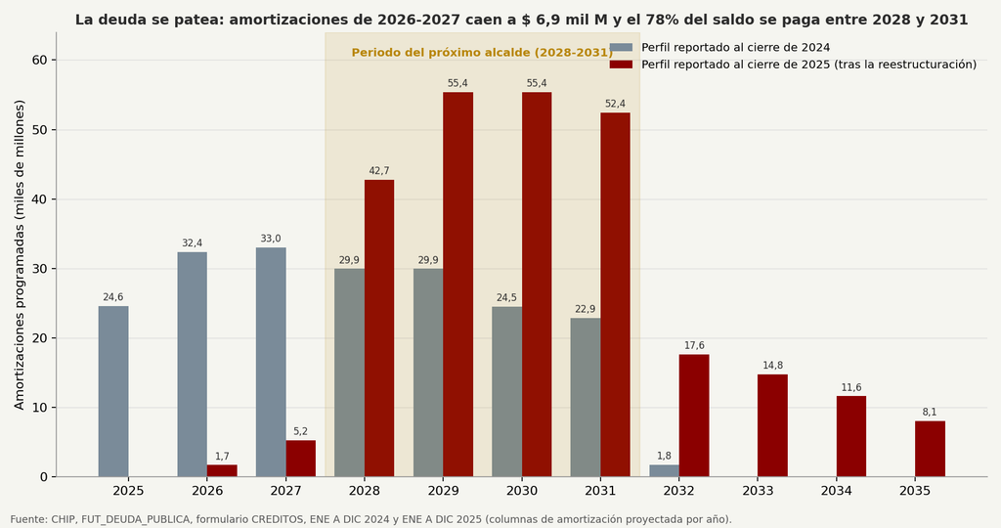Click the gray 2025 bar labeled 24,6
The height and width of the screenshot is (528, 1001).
[113, 391]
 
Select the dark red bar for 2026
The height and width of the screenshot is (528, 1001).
[222, 470]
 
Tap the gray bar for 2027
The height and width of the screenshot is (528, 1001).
[271, 362]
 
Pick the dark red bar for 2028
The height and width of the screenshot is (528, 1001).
[379, 329]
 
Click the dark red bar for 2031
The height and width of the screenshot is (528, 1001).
[616, 295]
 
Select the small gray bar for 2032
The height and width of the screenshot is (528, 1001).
[664, 470]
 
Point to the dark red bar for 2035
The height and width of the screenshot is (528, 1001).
[931, 449]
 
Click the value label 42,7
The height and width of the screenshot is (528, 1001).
[379, 171]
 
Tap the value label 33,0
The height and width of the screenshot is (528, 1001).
[271, 239]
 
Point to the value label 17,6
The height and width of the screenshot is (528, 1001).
[694, 346]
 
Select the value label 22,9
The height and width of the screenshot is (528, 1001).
[586, 310]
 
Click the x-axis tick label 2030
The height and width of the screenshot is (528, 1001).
[522, 491]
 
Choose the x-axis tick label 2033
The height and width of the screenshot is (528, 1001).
[758, 491]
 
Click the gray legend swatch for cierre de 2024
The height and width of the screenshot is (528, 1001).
[621, 47]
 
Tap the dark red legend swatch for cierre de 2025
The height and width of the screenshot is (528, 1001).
[621, 65]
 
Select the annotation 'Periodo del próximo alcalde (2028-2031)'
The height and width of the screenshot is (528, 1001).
[482, 53]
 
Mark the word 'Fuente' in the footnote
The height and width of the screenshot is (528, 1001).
[28, 520]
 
